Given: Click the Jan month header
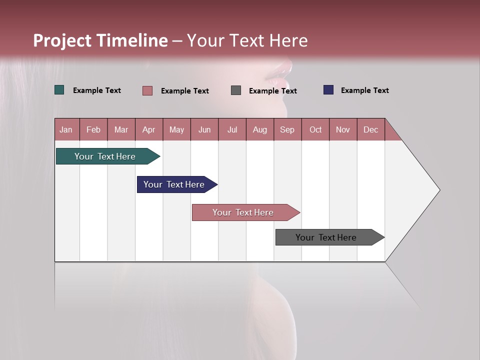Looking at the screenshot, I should pyautogui.click(x=66, y=129).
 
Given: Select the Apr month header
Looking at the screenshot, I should pyautogui.click(x=149, y=129).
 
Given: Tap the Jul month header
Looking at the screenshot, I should pyautogui.click(x=232, y=129).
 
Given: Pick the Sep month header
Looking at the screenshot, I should pyautogui.click(x=287, y=129).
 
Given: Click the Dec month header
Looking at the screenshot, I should pyautogui.click(x=370, y=129).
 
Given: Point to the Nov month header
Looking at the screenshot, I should pyautogui.click(x=343, y=129).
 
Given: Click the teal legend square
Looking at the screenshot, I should pyautogui.click(x=59, y=90).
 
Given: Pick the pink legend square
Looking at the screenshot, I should pyautogui.click(x=147, y=90).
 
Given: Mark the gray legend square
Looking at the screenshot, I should pyautogui.click(x=236, y=90).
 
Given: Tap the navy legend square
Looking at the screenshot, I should pyautogui.click(x=328, y=90).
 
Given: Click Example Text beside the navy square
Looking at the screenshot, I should pyautogui.click(x=364, y=90).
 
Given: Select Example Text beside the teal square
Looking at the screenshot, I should pyautogui.click(x=97, y=90).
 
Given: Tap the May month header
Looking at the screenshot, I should pyautogui.click(x=176, y=129).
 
